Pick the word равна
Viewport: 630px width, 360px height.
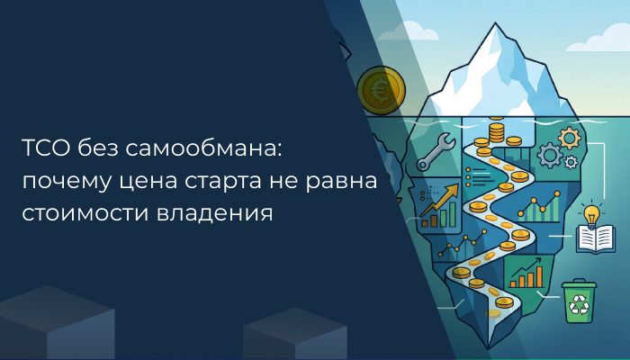[x=345, y=182]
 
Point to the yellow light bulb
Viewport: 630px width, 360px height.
[x=592, y=216]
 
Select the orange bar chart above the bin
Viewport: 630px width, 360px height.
[x=526, y=273]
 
